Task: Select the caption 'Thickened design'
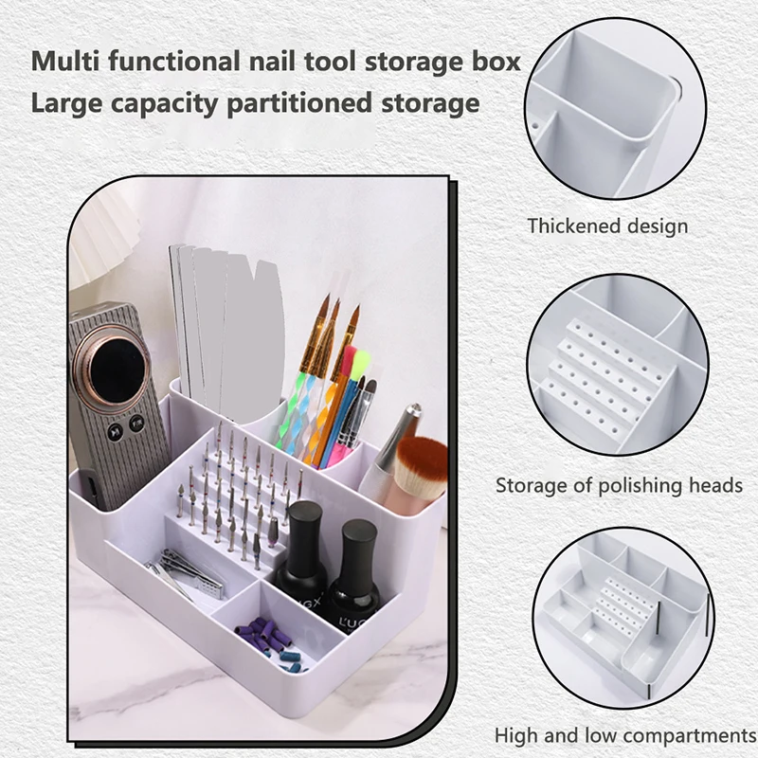tap(607, 226)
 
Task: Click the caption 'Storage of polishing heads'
tap(619, 485)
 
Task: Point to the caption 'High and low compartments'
tap(624, 735)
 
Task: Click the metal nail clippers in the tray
tap(189, 572)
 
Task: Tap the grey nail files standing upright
tap(227, 322)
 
